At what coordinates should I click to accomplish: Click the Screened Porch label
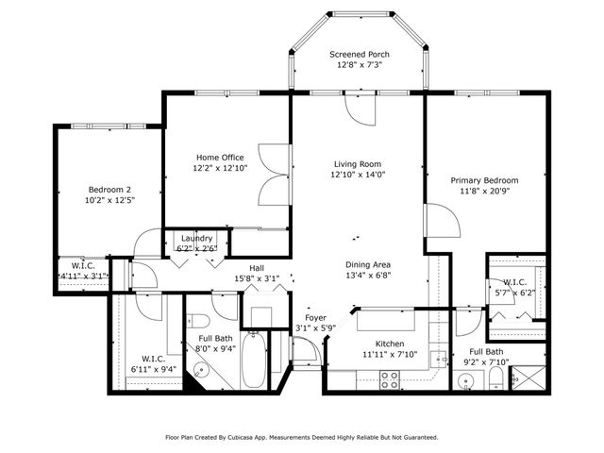tap(359, 55)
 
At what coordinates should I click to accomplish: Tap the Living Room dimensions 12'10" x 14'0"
tap(358, 175)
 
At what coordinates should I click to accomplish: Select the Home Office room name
tap(220, 158)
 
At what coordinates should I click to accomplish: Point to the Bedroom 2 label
tap(109, 190)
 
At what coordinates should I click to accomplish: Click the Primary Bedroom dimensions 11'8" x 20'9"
tap(484, 191)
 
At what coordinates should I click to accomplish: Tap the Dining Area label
tap(368, 264)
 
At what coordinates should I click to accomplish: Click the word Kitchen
tap(390, 344)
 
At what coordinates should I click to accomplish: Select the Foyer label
tap(315, 318)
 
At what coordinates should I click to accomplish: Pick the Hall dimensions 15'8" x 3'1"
tap(257, 278)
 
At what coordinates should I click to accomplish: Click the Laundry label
tap(196, 238)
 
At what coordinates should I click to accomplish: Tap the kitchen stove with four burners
tap(389, 379)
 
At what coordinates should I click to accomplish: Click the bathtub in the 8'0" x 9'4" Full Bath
tap(254, 361)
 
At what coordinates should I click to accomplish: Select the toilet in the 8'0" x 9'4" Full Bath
tap(197, 320)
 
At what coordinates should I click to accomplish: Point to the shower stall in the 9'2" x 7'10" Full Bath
tap(528, 377)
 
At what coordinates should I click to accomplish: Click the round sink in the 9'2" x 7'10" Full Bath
tap(466, 381)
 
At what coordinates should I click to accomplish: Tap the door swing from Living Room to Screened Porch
tap(361, 109)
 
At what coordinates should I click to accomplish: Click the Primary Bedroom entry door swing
tap(443, 220)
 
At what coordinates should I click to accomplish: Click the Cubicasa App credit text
tap(301, 437)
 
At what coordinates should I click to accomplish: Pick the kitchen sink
tap(438, 360)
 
